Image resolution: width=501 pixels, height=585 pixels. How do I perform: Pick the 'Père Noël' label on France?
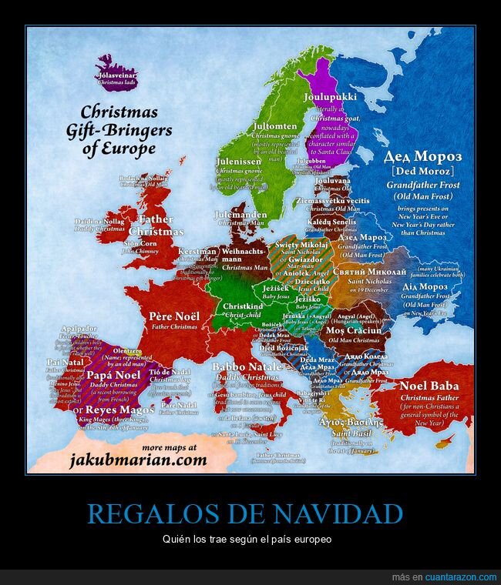[174, 316]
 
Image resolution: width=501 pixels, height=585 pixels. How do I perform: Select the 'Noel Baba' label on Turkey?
[429, 386]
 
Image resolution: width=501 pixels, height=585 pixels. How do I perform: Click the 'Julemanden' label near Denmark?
[241, 215]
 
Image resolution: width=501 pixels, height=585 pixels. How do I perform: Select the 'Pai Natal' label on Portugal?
[65, 362]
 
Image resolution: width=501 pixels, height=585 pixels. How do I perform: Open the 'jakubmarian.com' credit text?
[138, 460]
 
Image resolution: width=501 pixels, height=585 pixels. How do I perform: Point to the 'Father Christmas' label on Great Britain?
[156, 225]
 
